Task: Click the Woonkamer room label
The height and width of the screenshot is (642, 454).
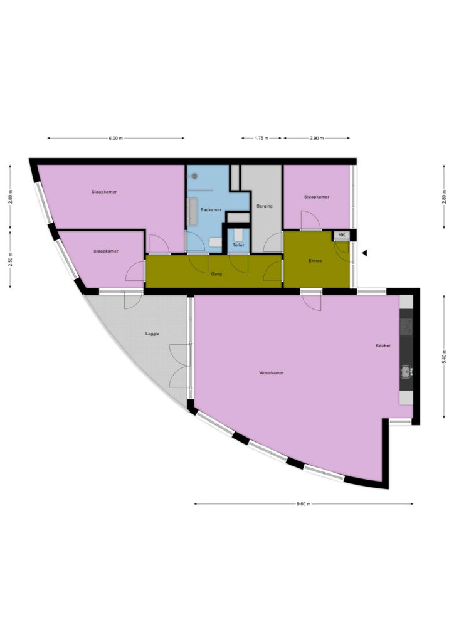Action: point(271,373)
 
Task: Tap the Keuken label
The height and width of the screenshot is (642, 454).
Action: point(384,345)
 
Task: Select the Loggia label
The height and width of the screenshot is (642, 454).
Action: point(152,334)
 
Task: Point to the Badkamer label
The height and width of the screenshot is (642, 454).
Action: point(211,210)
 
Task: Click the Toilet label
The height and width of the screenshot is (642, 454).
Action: point(238,245)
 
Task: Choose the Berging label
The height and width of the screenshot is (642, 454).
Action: point(265,206)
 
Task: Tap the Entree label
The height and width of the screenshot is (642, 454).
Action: point(315,261)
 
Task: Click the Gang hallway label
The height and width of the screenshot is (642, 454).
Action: point(216,274)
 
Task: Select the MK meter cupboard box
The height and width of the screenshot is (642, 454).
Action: point(341,236)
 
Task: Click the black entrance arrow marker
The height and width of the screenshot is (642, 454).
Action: point(364,253)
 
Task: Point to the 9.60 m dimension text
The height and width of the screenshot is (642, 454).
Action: point(304,504)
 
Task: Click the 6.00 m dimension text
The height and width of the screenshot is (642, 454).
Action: point(115,139)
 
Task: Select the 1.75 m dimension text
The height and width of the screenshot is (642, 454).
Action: point(261,139)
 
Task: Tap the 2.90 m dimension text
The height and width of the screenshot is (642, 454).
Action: point(317,139)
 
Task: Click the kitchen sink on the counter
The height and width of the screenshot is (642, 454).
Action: point(406,371)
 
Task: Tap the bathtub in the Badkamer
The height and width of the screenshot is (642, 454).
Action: point(193,212)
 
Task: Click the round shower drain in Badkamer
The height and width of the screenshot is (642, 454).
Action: point(194,176)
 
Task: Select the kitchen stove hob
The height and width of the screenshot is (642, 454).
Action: point(406,325)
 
